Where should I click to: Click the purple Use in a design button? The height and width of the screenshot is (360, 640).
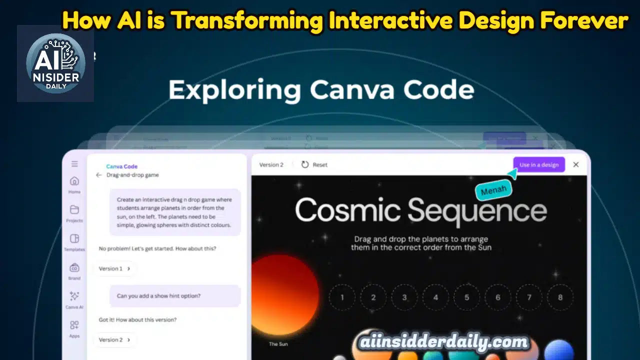pyautogui.click(x=538, y=165)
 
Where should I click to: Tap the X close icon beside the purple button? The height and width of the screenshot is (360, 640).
pyautogui.click(x=576, y=164)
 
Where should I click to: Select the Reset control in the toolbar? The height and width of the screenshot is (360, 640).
pyautogui.click(x=314, y=164)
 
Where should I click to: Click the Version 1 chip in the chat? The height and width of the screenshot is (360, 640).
pyautogui.click(x=115, y=268)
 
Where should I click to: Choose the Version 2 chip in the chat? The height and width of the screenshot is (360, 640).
pyautogui.click(x=115, y=339)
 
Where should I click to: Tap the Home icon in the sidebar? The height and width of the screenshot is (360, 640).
pyautogui.click(x=74, y=181)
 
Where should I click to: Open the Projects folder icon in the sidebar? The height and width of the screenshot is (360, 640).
pyautogui.click(x=74, y=209)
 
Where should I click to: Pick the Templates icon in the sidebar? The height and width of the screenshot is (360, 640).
pyautogui.click(x=74, y=238)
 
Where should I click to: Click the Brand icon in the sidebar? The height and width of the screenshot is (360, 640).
pyautogui.click(x=74, y=267)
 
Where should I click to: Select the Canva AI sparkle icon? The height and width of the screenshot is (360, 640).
pyautogui.click(x=74, y=296)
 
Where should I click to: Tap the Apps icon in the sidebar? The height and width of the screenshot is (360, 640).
pyautogui.click(x=74, y=325)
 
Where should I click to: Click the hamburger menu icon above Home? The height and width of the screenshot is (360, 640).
pyautogui.click(x=74, y=164)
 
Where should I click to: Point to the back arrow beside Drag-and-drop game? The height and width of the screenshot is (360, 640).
pyautogui.click(x=98, y=175)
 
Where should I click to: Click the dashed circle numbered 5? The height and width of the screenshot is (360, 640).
pyautogui.click(x=466, y=297)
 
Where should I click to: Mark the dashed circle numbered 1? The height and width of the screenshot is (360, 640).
pyautogui.click(x=342, y=297)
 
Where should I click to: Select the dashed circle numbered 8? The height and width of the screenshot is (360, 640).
pyautogui.click(x=560, y=297)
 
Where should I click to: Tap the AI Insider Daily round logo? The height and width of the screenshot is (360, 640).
pyautogui.click(x=55, y=63)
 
